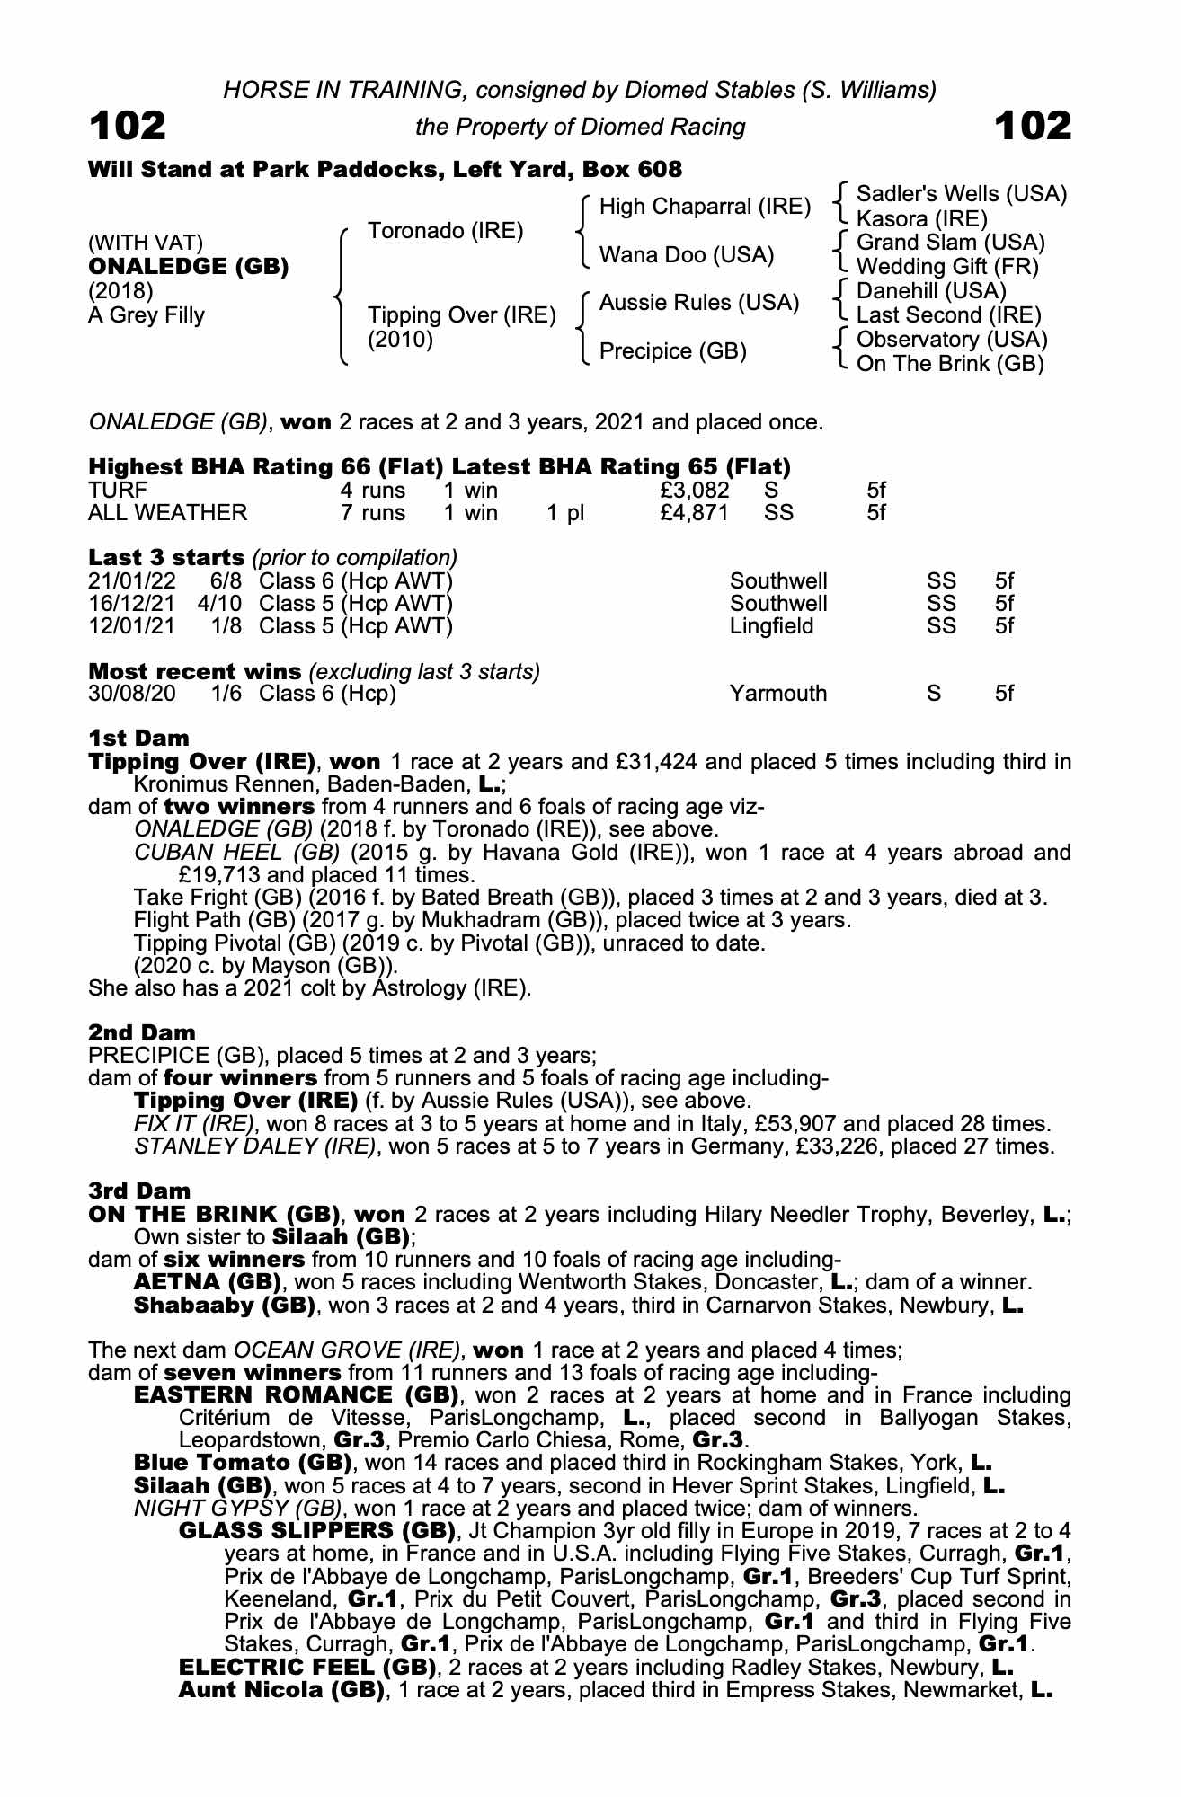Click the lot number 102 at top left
pos(127,126)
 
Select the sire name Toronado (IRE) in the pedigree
pos(445,231)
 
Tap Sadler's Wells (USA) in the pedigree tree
pos(961,194)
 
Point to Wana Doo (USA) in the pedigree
pos(686,255)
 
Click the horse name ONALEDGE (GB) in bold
pos(188,267)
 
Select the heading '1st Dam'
pos(138,739)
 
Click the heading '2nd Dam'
pos(141,1032)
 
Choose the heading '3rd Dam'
pos(139,1191)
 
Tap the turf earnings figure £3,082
pos(694,491)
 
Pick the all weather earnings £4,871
pos(694,513)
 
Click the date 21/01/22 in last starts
pos(132,581)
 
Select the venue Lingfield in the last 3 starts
pos(771,626)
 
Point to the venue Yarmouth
pos(777,694)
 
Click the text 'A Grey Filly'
pos(147,315)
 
